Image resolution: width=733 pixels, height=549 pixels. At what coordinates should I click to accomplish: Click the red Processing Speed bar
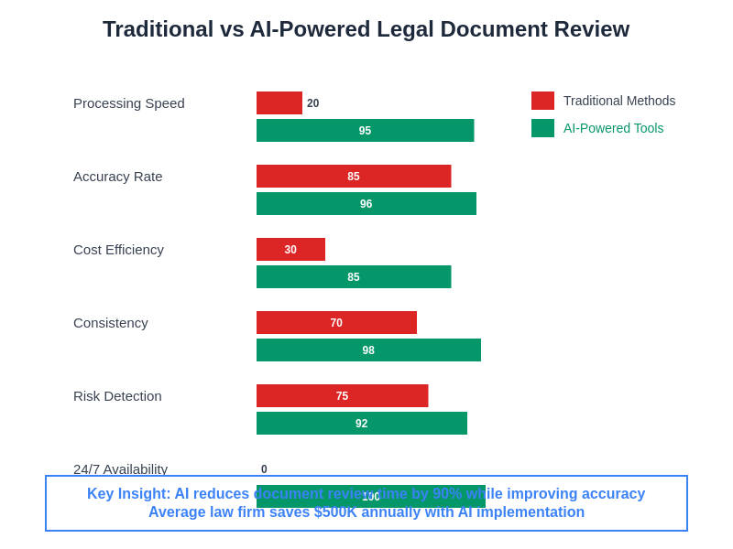click(x=279, y=102)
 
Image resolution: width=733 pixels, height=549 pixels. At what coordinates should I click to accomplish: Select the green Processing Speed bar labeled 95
click(x=365, y=130)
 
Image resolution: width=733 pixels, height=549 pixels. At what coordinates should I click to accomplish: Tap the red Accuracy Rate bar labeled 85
click(x=354, y=176)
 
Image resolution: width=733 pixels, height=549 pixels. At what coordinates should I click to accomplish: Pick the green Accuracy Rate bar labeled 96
click(x=366, y=203)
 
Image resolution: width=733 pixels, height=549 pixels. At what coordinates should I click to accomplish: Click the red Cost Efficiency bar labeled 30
click(x=290, y=249)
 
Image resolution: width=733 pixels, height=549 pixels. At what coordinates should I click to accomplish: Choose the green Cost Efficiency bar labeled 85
click(x=354, y=276)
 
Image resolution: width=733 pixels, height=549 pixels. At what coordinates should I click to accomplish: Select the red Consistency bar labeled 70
click(x=336, y=322)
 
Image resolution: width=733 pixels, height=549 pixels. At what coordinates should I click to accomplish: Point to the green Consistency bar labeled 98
click(x=368, y=350)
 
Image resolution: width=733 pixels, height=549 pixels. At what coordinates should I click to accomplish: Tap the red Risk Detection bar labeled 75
click(x=342, y=395)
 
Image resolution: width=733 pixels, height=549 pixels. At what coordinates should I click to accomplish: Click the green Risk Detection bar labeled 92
click(x=362, y=423)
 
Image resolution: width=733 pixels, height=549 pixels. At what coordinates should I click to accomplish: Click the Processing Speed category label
click(x=129, y=102)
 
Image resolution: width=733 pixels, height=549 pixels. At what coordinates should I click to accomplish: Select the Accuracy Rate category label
click(x=118, y=176)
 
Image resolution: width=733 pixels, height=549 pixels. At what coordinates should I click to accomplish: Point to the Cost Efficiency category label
click(x=119, y=249)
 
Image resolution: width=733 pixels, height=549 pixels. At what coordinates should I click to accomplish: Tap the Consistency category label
click(x=111, y=322)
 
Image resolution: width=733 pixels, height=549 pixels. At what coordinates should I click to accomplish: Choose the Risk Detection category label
click(x=117, y=395)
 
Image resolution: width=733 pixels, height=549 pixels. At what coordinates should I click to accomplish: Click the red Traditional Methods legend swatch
click(x=542, y=101)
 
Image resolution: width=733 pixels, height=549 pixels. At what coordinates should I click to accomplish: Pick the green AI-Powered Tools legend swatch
click(x=542, y=128)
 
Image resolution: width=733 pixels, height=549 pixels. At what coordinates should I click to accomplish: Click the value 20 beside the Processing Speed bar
click(x=313, y=103)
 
